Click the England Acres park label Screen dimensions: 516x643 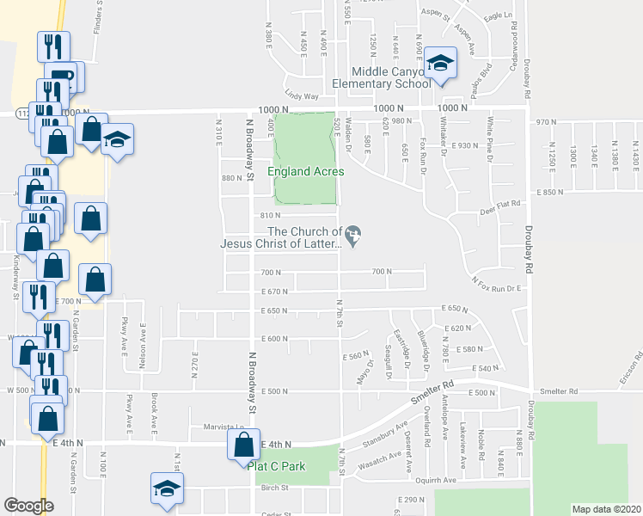(x=305, y=171)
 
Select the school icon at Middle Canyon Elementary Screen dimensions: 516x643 (x=441, y=63)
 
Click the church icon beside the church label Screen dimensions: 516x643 (x=353, y=233)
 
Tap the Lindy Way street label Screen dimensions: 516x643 (x=302, y=97)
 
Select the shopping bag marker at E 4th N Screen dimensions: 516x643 (x=240, y=445)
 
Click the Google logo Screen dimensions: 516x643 (x=28, y=506)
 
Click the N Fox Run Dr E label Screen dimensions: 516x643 (x=498, y=285)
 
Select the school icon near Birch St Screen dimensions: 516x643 (x=163, y=488)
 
